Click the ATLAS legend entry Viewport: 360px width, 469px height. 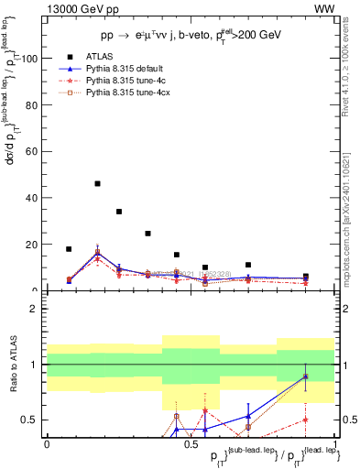click(x=97, y=58)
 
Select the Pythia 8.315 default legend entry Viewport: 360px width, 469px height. click(x=123, y=70)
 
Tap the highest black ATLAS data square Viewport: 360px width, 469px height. click(x=97, y=183)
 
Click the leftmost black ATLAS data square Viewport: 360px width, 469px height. click(x=69, y=249)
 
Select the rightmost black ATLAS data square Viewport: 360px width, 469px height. click(x=305, y=276)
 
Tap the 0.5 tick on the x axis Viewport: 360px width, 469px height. click(x=191, y=443)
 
